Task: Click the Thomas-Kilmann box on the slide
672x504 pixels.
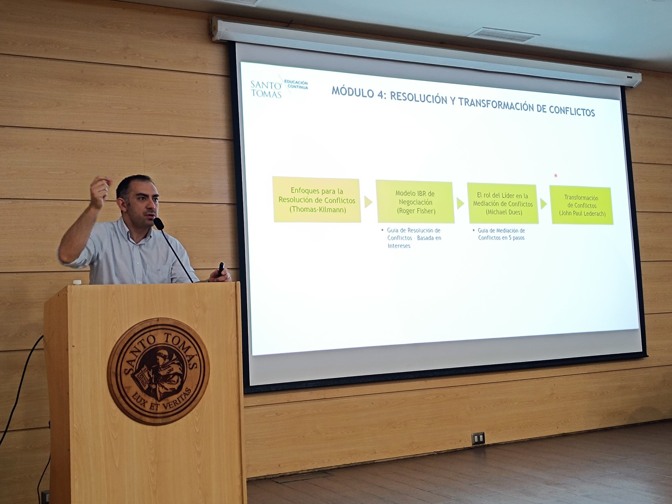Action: [x=317, y=200]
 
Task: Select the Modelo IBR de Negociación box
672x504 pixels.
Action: [x=415, y=202]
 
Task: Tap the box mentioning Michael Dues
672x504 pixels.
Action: [x=503, y=204]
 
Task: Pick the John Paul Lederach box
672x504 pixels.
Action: [x=582, y=206]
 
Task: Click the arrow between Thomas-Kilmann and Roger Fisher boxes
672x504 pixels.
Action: [x=368, y=202]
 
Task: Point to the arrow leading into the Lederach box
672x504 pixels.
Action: [x=544, y=204]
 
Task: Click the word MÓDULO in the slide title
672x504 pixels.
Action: [x=353, y=92]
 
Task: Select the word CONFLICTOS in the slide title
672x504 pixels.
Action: [x=572, y=111]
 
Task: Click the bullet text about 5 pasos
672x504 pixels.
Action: [x=501, y=234]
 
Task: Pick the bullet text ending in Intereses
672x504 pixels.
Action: [x=413, y=238]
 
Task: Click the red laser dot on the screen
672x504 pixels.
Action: [x=556, y=175]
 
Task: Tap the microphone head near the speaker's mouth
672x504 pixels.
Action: [x=158, y=223]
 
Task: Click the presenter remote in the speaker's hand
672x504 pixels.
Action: [x=221, y=269]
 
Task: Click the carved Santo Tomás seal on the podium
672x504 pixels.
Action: [x=158, y=371]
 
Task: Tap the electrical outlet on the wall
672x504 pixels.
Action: [x=478, y=438]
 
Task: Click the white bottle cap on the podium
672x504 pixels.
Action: [x=77, y=282]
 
